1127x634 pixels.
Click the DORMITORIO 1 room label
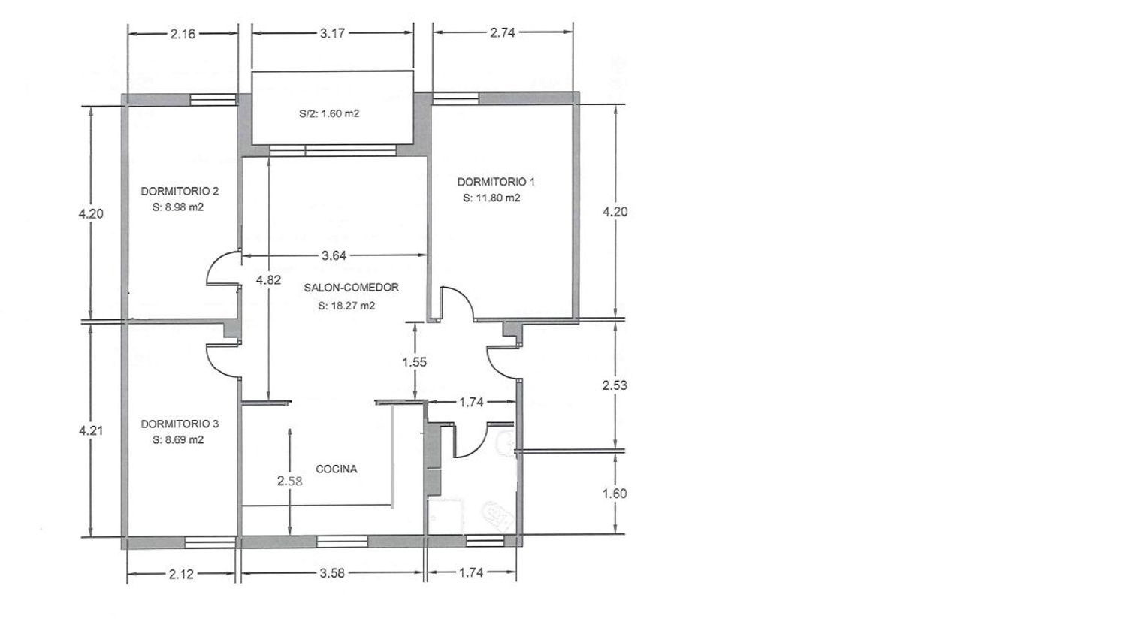(496, 182)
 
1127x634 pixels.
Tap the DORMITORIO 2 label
(180, 192)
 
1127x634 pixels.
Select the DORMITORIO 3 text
(180, 424)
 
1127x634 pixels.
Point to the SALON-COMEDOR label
(351, 287)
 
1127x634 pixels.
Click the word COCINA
(337, 469)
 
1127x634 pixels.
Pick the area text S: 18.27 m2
(346, 306)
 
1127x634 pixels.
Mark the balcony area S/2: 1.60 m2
(329, 113)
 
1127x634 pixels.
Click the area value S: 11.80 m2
(491, 198)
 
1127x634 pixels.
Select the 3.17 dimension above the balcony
(333, 33)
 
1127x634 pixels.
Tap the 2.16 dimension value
(183, 35)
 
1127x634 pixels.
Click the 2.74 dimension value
(503, 32)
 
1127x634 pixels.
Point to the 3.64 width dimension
(334, 255)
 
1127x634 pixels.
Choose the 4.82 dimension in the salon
(269, 280)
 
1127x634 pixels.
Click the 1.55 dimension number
(415, 362)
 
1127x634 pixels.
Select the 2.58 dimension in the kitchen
(290, 481)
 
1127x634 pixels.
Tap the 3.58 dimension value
(332, 573)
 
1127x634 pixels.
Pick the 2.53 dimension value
(615, 385)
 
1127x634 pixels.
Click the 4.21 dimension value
(91, 430)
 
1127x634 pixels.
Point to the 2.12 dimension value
(181, 574)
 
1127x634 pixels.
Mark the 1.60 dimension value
(615, 494)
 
